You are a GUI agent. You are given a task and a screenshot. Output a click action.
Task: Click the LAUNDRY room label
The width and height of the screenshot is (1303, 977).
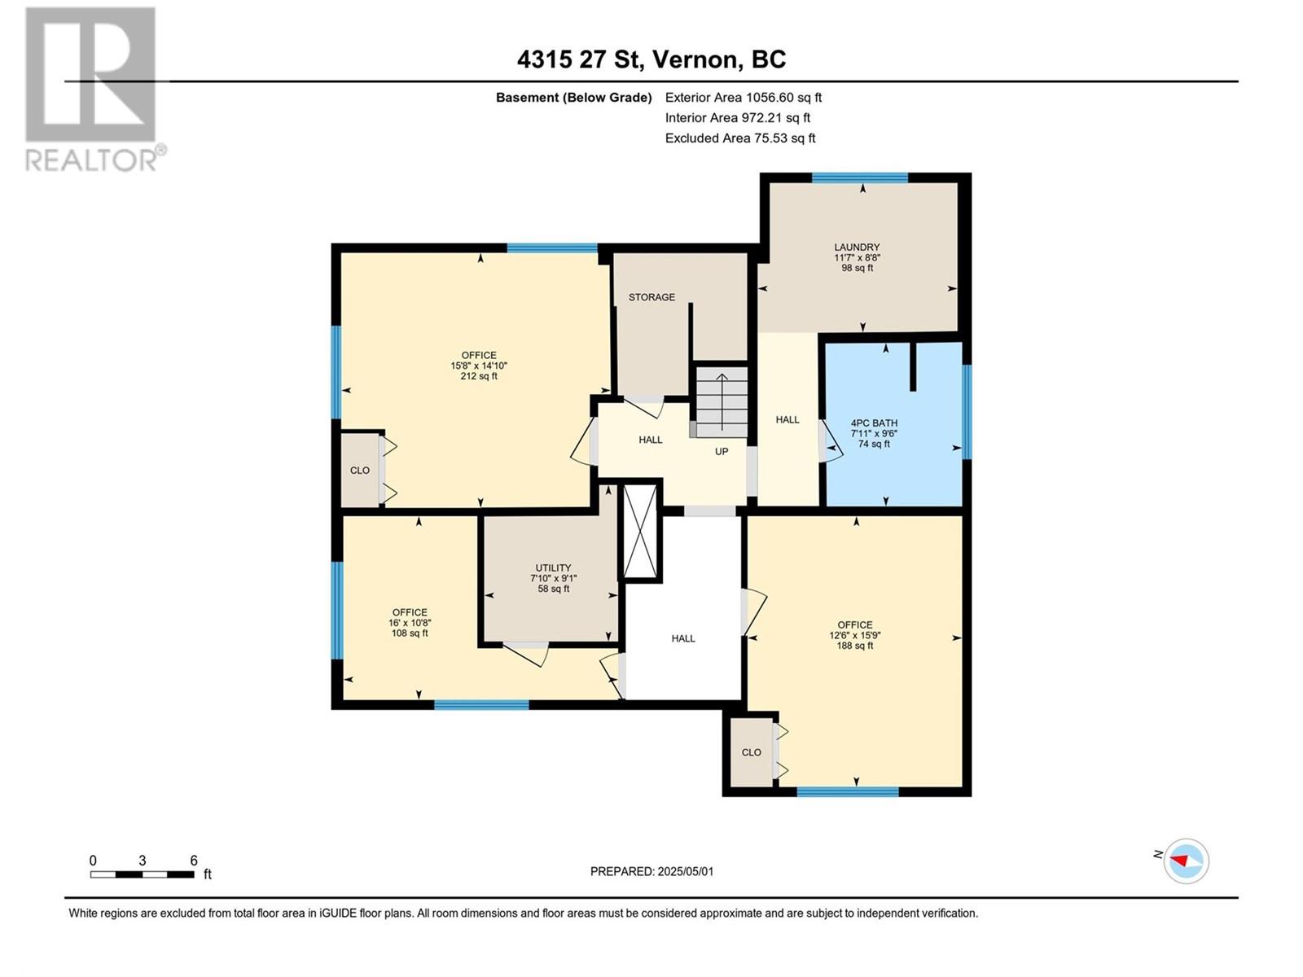[857, 248]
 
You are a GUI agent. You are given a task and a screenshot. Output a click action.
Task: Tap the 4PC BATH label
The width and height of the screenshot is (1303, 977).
[874, 423]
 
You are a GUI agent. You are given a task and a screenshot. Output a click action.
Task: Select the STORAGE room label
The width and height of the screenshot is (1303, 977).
[651, 297]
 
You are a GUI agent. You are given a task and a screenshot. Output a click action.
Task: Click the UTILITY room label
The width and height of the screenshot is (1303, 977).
[553, 568]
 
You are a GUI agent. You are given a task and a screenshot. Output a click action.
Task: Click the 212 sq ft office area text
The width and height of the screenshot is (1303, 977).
[479, 376]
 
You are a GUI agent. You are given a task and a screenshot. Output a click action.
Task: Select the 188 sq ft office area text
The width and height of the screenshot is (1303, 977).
[854, 646]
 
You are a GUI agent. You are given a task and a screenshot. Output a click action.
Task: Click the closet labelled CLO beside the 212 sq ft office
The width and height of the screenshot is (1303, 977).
[359, 471]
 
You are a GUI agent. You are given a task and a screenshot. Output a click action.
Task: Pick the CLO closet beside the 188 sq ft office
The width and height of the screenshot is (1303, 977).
[751, 752]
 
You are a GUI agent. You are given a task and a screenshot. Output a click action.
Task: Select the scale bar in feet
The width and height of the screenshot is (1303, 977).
[143, 874]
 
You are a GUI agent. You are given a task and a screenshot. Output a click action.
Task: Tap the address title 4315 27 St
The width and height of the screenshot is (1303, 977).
[651, 59]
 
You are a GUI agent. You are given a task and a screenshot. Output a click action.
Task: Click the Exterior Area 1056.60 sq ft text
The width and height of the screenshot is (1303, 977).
[743, 98]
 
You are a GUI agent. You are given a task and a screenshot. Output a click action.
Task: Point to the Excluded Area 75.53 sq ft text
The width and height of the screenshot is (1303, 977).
[739, 138]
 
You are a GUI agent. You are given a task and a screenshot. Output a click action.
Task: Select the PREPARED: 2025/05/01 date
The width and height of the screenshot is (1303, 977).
[651, 871]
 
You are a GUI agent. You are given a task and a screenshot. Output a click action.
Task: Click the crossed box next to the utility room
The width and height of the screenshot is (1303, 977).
[640, 532]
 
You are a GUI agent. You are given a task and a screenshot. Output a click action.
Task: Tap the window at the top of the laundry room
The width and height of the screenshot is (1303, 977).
[859, 177]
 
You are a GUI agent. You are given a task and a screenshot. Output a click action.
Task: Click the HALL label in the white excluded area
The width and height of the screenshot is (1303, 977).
[683, 638]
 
